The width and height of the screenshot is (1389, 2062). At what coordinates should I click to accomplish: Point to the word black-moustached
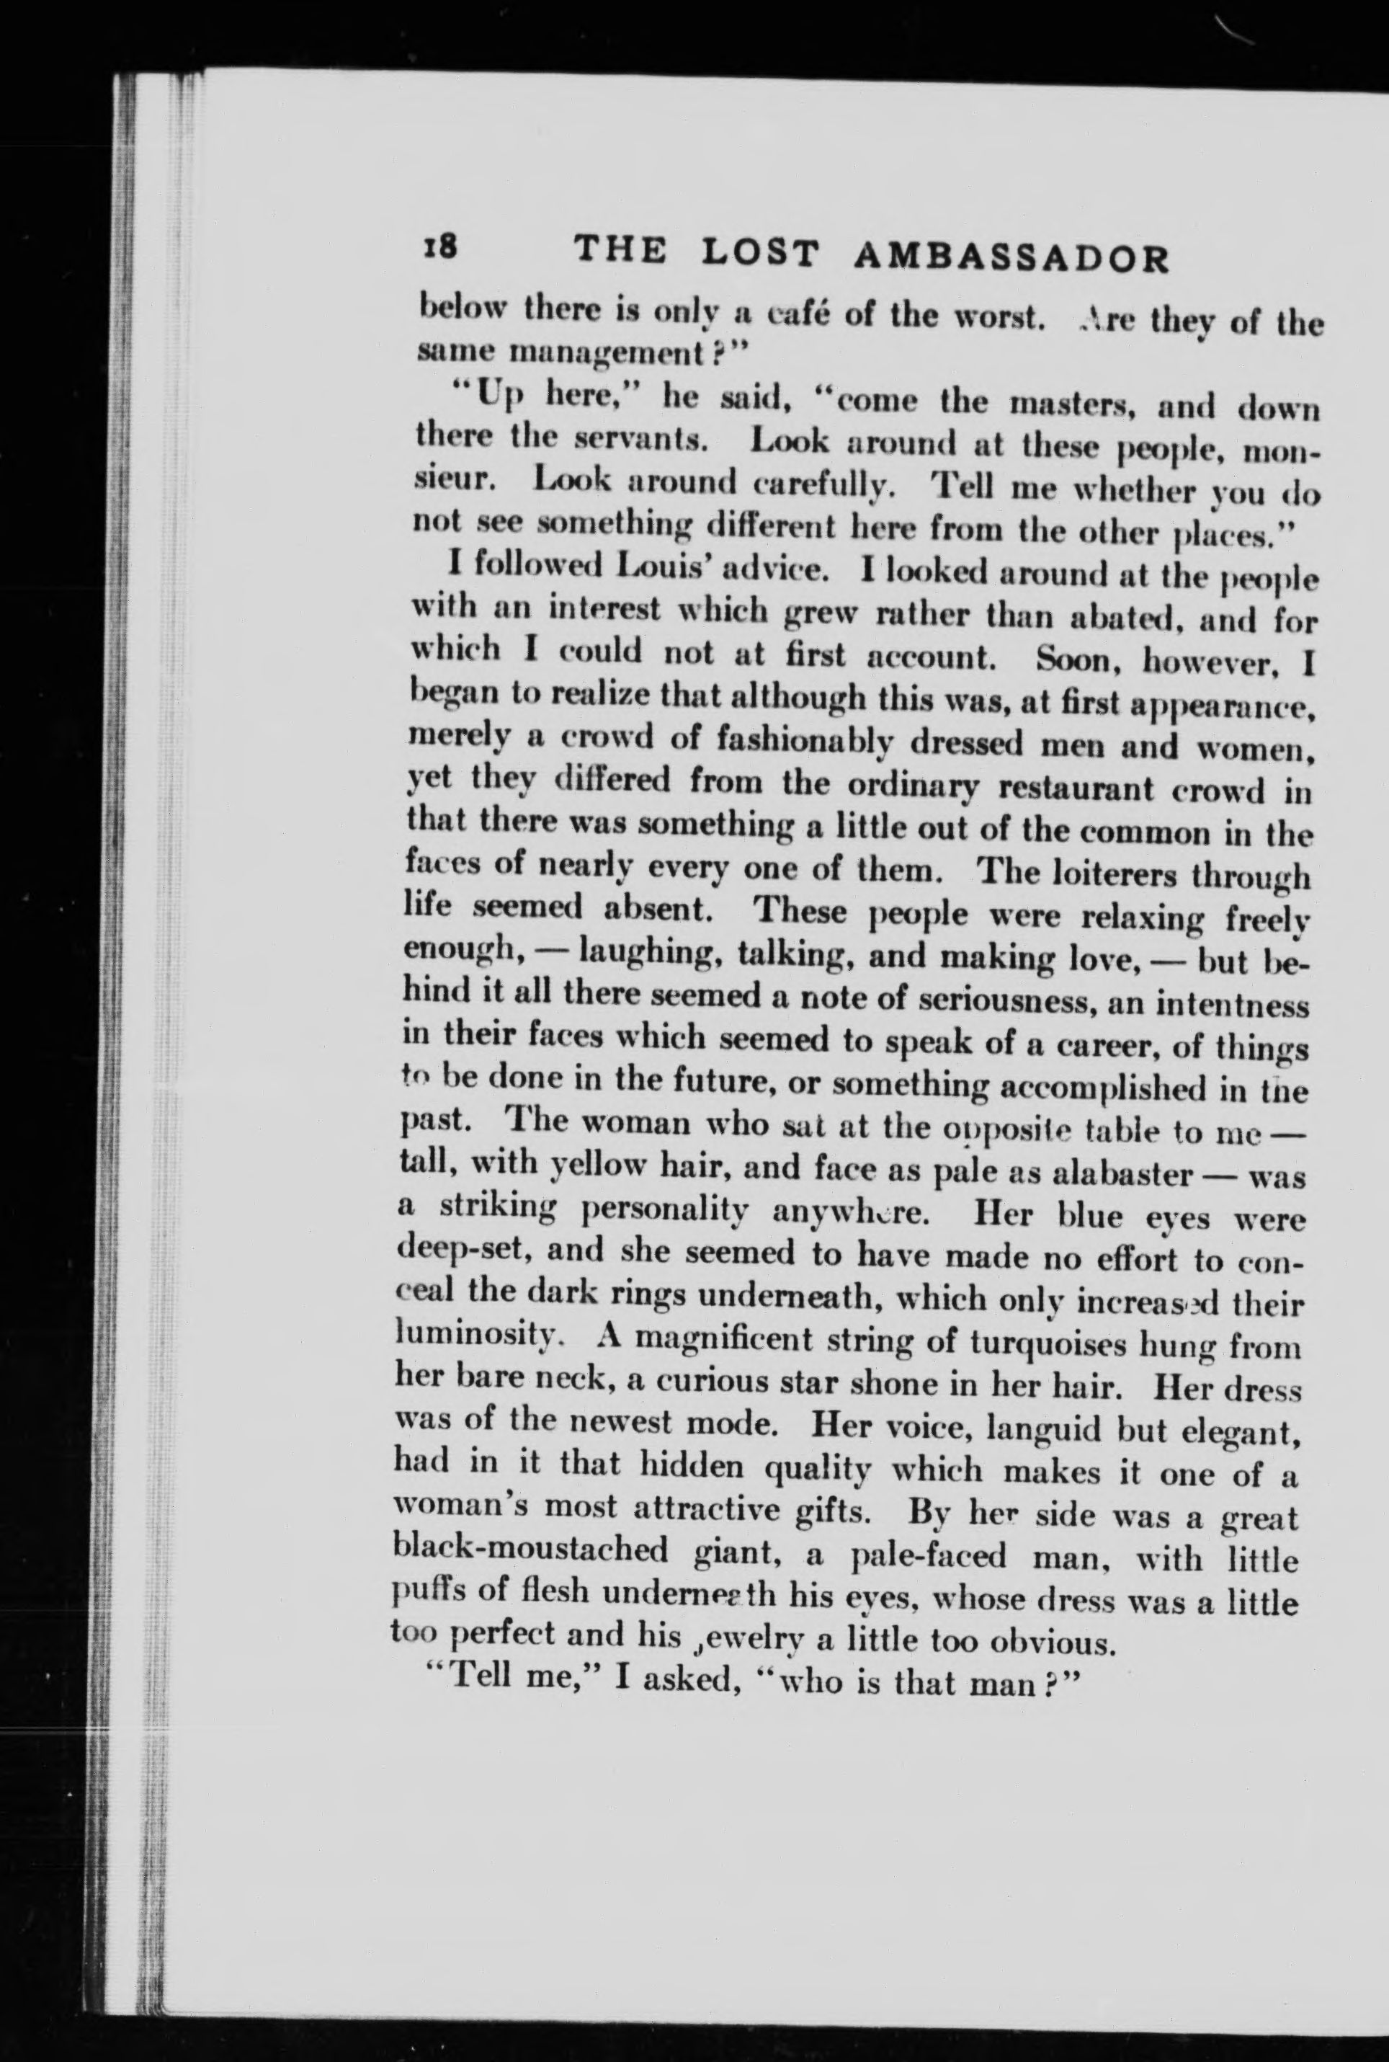pyautogui.click(x=530, y=1552)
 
